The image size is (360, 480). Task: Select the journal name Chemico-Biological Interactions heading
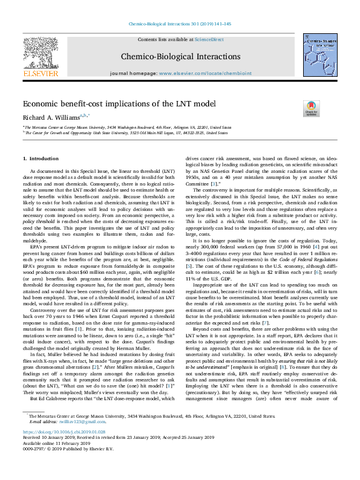(x=180, y=56)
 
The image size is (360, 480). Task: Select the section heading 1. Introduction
(x=41, y=158)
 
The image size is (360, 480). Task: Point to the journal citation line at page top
(x=180, y=24)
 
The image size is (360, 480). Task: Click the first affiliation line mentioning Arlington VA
(x=128, y=128)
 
